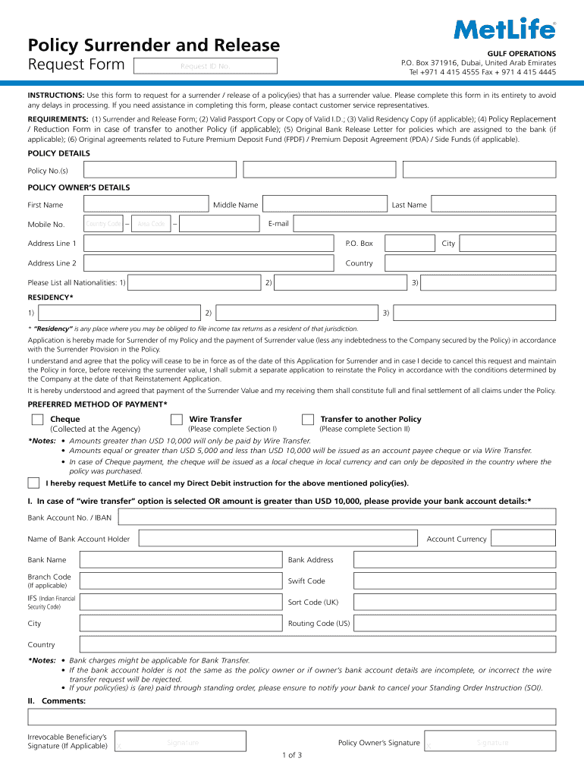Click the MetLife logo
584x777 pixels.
[x=504, y=30]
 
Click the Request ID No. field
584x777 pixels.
[x=205, y=67]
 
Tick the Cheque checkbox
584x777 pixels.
[x=37, y=420]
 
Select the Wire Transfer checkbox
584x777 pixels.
[x=177, y=420]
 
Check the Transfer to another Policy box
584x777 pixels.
[x=308, y=420]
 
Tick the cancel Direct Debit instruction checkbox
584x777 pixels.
[x=33, y=483]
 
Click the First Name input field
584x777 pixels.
[x=146, y=204]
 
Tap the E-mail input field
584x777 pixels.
[x=424, y=224]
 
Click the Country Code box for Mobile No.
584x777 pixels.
[x=104, y=224]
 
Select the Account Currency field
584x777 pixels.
[x=523, y=538]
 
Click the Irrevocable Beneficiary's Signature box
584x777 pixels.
[x=182, y=743]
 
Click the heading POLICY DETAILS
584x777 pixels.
[x=58, y=153]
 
